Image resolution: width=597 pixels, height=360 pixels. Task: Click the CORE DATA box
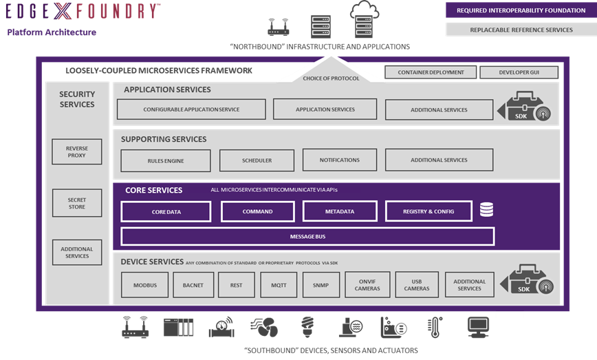click(166, 212)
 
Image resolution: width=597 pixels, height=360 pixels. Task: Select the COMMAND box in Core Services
click(257, 212)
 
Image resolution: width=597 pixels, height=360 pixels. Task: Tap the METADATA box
click(340, 212)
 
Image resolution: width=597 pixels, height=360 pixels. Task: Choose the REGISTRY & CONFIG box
click(428, 212)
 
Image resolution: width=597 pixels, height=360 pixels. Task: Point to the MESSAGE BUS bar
click(307, 237)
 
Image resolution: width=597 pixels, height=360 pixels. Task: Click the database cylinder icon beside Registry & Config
click(486, 210)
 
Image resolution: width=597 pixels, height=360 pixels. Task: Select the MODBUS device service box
click(145, 285)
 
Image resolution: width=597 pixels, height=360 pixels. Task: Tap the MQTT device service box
click(279, 285)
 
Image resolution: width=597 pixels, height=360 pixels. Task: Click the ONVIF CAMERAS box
click(368, 285)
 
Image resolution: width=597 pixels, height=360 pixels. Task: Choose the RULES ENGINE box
click(166, 160)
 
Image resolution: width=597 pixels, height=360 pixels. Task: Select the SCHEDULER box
click(257, 160)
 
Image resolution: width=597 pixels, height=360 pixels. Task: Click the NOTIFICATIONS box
click(340, 160)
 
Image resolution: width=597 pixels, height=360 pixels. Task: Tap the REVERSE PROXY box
click(77, 152)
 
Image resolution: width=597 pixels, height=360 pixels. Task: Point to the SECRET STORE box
click(77, 203)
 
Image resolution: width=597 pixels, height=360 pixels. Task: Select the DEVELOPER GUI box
click(519, 72)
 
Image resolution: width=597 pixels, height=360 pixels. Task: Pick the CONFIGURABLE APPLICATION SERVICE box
click(191, 109)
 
